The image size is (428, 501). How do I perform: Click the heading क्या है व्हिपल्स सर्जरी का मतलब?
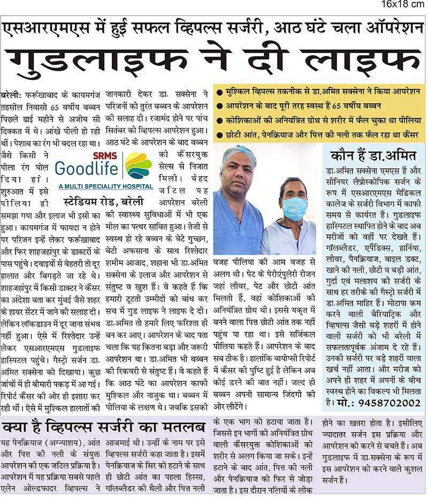(x=104, y=428)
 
